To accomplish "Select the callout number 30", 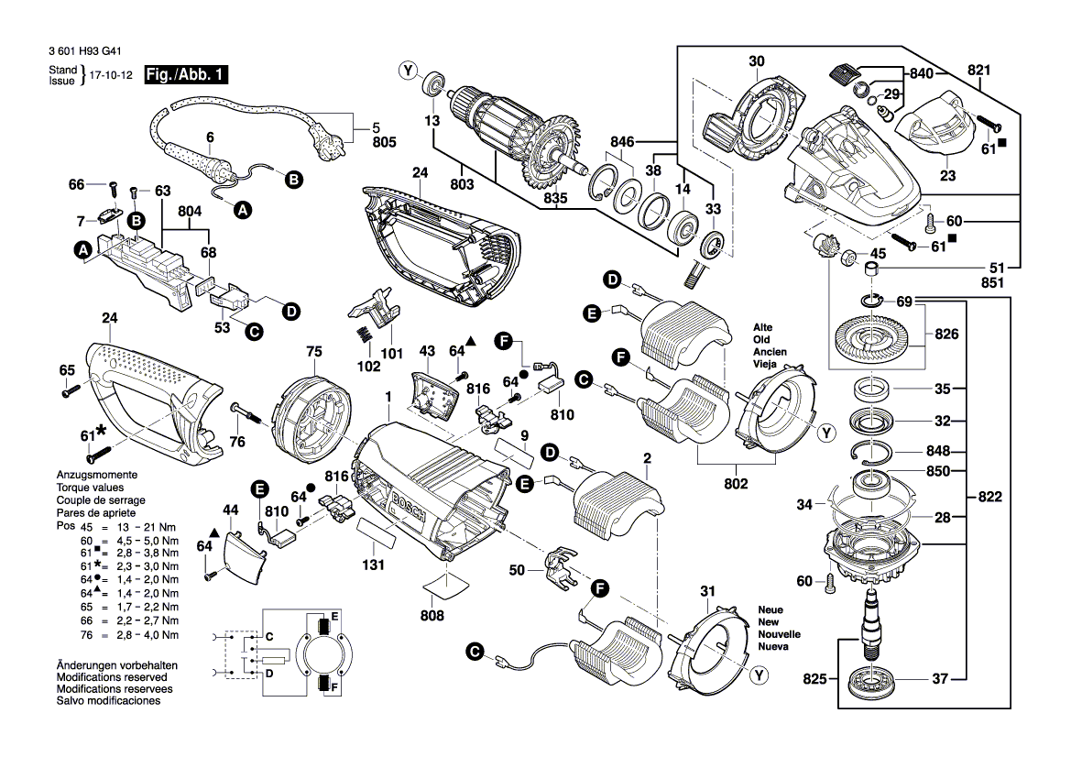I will coord(755,62).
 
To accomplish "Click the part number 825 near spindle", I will coord(814,679).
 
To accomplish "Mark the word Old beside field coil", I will coord(762,339).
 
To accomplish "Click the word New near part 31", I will coord(769,621).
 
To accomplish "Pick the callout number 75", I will coord(314,351).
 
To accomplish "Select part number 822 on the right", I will coord(989,498).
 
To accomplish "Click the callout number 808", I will coord(432,616).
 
